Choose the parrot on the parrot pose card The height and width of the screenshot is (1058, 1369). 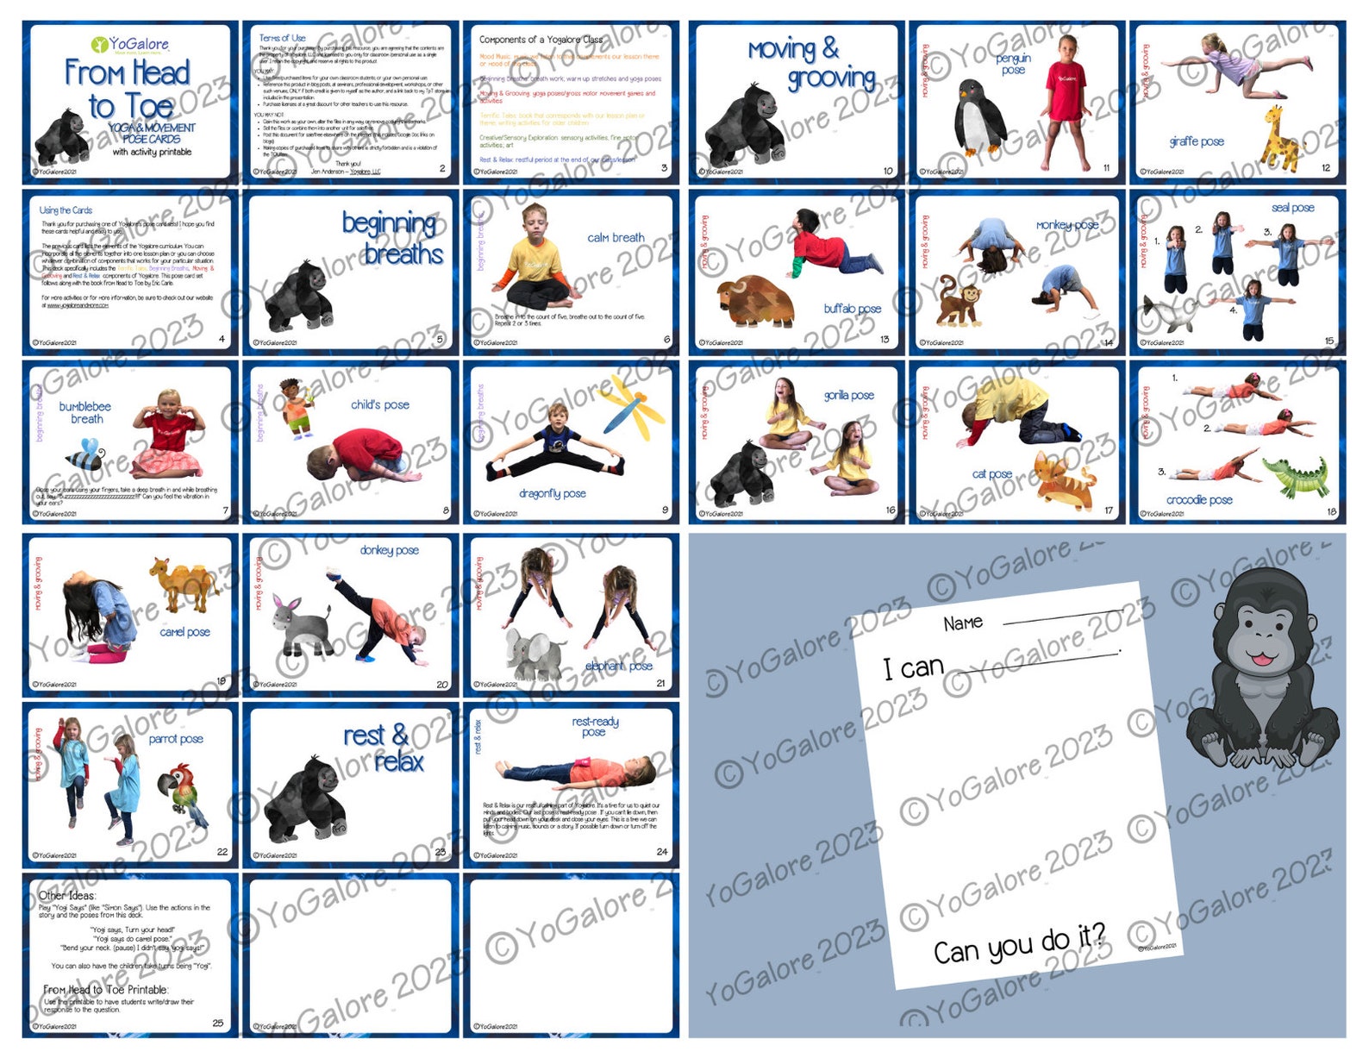click(x=183, y=787)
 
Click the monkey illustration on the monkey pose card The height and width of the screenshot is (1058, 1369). click(x=957, y=301)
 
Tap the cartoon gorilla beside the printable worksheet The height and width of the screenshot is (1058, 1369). click(x=1263, y=668)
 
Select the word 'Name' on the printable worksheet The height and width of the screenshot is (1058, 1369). click(x=963, y=623)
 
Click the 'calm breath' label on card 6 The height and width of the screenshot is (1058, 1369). click(x=616, y=237)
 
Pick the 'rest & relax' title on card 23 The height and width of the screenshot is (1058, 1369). click(x=384, y=748)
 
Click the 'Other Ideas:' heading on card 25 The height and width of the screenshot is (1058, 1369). click(x=67, y=895)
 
